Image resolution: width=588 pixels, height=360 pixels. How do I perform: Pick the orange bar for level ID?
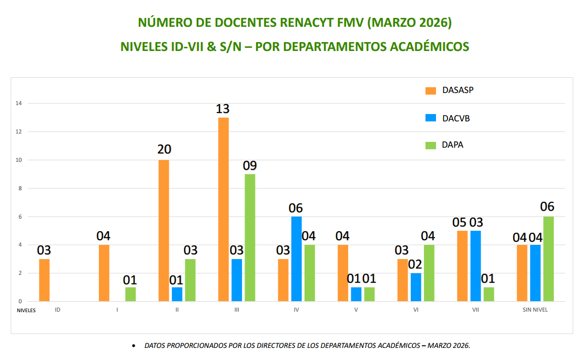tap(44, 280)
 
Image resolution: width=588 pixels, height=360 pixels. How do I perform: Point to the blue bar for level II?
tap(177, 294)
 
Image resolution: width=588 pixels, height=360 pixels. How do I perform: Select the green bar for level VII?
tap(489, 294)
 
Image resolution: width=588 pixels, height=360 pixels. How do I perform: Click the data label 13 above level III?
tap(222, 109)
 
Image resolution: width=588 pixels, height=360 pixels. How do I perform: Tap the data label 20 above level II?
tap(164, 149)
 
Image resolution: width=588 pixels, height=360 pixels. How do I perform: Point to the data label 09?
tap(249, 166)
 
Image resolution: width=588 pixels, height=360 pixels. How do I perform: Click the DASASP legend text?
tap(458, 90)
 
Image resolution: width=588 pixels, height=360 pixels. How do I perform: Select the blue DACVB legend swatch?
tap(431, 118)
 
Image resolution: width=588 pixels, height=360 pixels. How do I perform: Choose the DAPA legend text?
tap(453, 145)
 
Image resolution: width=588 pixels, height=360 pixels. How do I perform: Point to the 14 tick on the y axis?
tap(18, 103)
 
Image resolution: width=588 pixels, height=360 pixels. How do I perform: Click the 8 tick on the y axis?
tap(20, 188)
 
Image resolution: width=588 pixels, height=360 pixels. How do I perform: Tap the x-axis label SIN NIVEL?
tap(535, 310)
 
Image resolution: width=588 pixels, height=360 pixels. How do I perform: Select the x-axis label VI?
tap(416, 310)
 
